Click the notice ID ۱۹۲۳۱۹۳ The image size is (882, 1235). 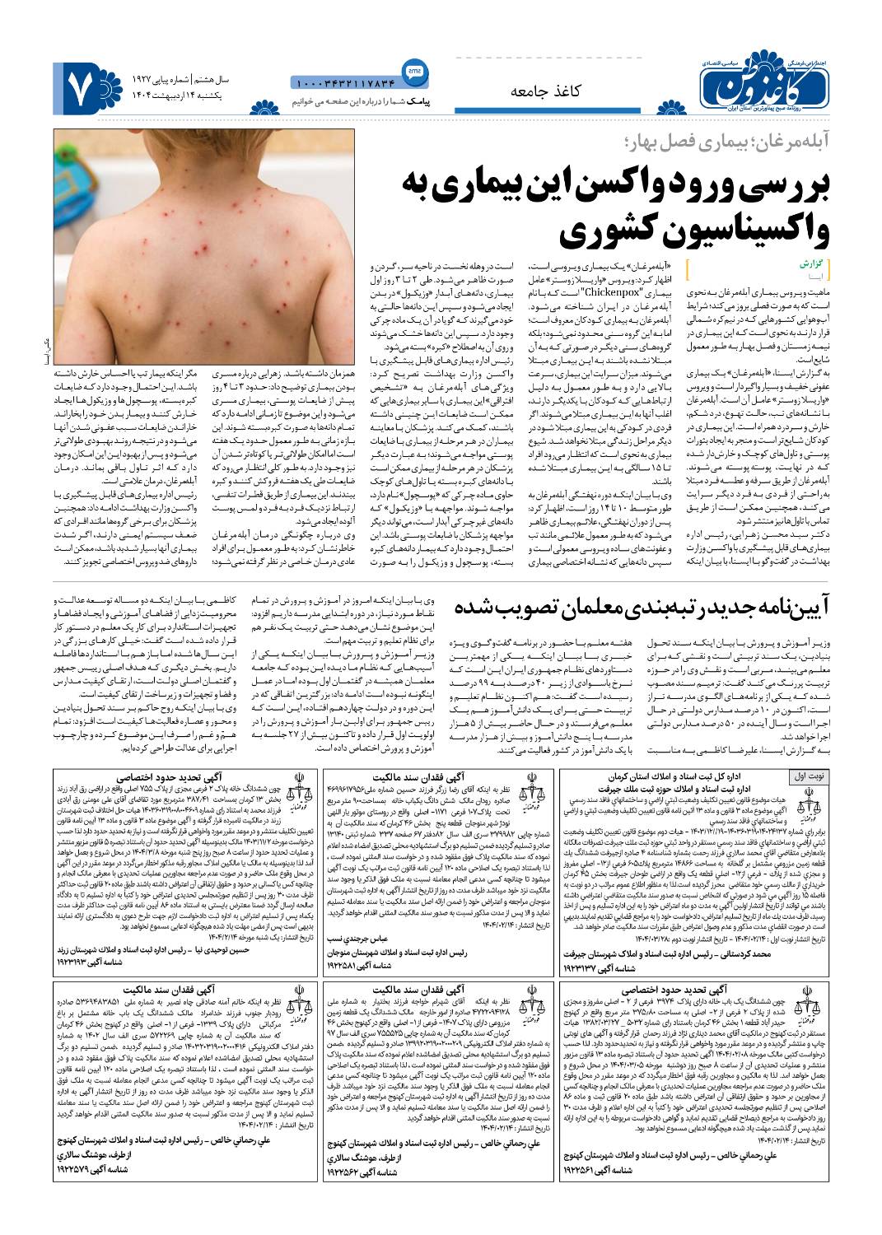86,960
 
